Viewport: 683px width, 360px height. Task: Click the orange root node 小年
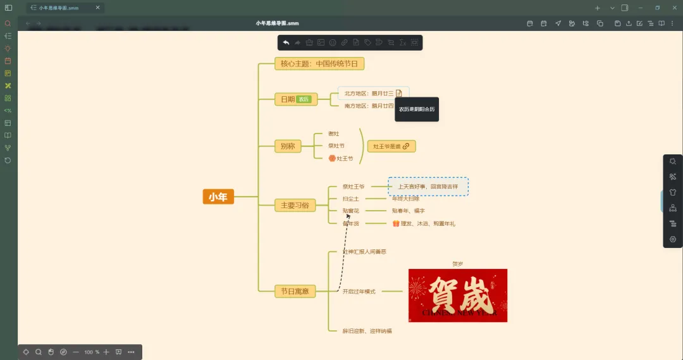click(x=218, y=197)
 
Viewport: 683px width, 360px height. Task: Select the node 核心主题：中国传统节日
click(x=319, y=63)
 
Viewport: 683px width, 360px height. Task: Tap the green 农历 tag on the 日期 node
click(x=304, y=99)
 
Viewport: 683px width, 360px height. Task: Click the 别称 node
click(x=288, y=146)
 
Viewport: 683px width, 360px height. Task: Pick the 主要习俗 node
click(x=295, y=205)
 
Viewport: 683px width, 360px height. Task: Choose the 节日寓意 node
click(x=295, y=291)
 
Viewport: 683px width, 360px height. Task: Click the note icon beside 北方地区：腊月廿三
click(x=399, y=94)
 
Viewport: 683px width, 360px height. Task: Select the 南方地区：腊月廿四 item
click(x=369, y=106)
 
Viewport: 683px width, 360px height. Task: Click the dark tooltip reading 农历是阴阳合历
click(x=416, y=109)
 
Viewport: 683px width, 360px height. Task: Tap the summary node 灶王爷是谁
click(x=391, y=146)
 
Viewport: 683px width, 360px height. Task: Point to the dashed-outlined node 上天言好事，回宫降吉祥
click(x=428, y=187)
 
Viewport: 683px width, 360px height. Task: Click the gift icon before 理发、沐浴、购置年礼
click(x=396, y=223)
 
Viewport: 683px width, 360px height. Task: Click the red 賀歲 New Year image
click(x=457, y=295)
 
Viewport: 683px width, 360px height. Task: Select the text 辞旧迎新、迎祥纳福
click(x=367, y=331)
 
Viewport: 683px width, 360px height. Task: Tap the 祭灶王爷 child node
click(x=354, y=187)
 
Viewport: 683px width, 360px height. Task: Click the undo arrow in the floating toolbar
click(x=286, y=42)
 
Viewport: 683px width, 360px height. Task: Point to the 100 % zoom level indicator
click(x=92, y=352)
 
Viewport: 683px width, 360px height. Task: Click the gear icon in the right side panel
click(x=673, y=239)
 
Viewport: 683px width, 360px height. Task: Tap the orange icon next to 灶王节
click(x=331, y=158)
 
